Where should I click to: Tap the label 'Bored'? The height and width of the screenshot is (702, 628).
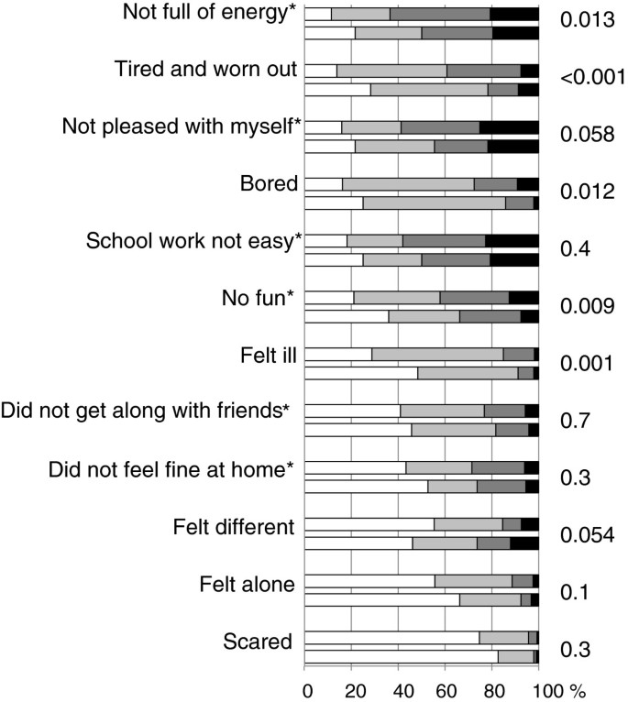272,183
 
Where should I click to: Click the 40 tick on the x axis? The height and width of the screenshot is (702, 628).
399,686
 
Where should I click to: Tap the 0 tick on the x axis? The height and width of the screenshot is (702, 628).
307,686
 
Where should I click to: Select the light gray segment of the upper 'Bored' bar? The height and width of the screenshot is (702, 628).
408,183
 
